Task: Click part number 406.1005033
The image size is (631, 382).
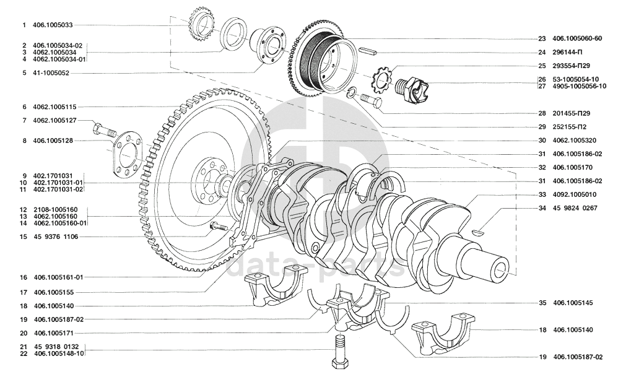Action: coord(53,25)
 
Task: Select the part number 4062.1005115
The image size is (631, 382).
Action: coord(54,107)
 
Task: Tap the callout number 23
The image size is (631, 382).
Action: coord(542,38)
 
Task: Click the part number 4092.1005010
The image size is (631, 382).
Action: coord(574,195)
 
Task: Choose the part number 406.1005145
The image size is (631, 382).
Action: coord(573,303)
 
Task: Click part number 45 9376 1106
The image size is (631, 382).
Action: coord(56,237)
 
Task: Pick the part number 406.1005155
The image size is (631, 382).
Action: coord(54,293)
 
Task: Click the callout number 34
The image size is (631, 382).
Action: coord(542,209)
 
